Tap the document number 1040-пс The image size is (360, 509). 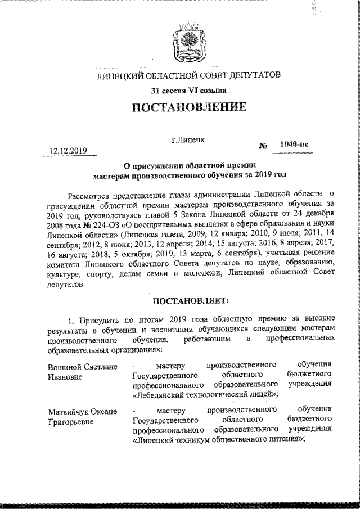tap(294, 145)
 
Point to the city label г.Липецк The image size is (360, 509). tap(188, 137)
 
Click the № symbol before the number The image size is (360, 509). tap(263, 147)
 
